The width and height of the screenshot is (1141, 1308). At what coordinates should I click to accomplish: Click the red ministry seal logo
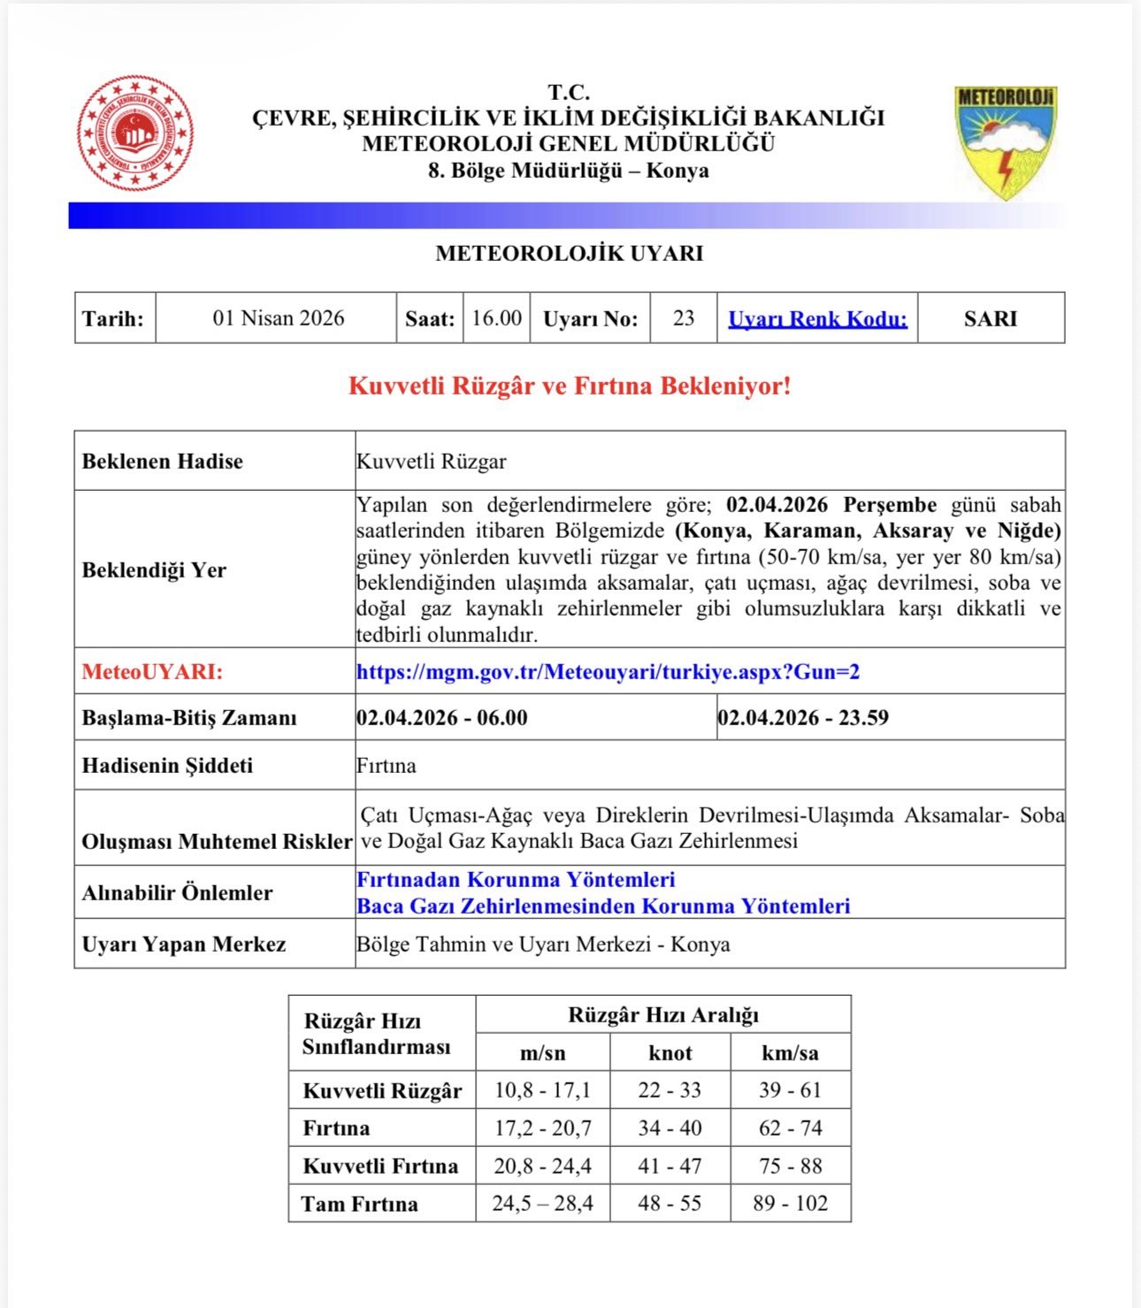(x=134, y=134)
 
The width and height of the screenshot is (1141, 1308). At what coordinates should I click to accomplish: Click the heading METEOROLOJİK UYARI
(x=570, y=254)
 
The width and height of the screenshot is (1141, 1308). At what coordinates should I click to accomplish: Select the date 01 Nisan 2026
(x=278, y=318)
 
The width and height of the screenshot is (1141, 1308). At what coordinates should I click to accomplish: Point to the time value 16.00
(x=496, y=318)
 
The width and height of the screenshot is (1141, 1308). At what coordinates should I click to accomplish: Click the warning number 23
(x=683, y=318)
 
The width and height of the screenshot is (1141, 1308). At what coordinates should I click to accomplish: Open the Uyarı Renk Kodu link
(x=817, y=319)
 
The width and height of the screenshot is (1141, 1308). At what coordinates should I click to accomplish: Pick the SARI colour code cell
(x=990, y=319)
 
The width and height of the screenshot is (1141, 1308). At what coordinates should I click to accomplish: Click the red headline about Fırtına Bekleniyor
(x=570, y=386)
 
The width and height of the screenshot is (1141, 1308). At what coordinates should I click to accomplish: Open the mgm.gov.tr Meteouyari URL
(x=608, y=672)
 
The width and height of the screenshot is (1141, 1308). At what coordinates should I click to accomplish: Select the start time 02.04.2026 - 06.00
(x=442, y=717)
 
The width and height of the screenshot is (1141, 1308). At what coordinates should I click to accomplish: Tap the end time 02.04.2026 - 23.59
(x=803, y=717)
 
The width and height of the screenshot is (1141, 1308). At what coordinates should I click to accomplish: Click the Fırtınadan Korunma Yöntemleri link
(x=516, y=880)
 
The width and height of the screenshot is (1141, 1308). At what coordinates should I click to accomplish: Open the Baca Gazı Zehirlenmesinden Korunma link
(x=603, y=906)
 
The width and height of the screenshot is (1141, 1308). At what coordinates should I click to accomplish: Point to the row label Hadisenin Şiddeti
(x=167, y=766)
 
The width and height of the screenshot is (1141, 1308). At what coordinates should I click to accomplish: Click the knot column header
(x=670, y=1053)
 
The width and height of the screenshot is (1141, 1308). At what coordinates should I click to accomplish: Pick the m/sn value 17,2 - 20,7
(x=542, y=1128)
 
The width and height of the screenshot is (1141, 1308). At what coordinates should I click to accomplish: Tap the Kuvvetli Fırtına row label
(x=380, y=1166)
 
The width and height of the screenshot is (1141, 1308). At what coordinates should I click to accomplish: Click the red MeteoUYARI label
(x=152, y=672)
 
